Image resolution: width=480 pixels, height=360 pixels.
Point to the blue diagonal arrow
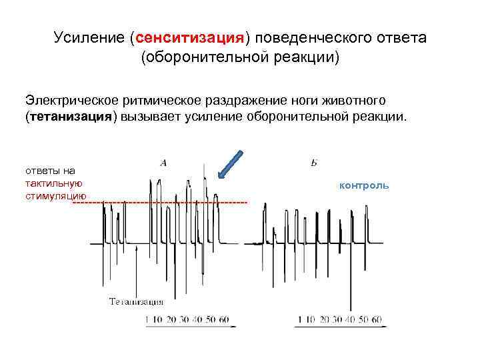[x=230, y=165]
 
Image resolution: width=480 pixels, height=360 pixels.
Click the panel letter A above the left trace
[x=163, y=162]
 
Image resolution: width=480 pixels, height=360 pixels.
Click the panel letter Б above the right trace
[x=313, y=163]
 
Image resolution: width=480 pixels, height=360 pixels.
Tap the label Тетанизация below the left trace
[x=136, y=302]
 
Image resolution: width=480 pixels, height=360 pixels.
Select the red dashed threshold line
[x=160, y=201]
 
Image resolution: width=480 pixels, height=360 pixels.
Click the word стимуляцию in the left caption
[x=54, y=195]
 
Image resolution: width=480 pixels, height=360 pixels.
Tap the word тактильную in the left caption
[x=53, y=183]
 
